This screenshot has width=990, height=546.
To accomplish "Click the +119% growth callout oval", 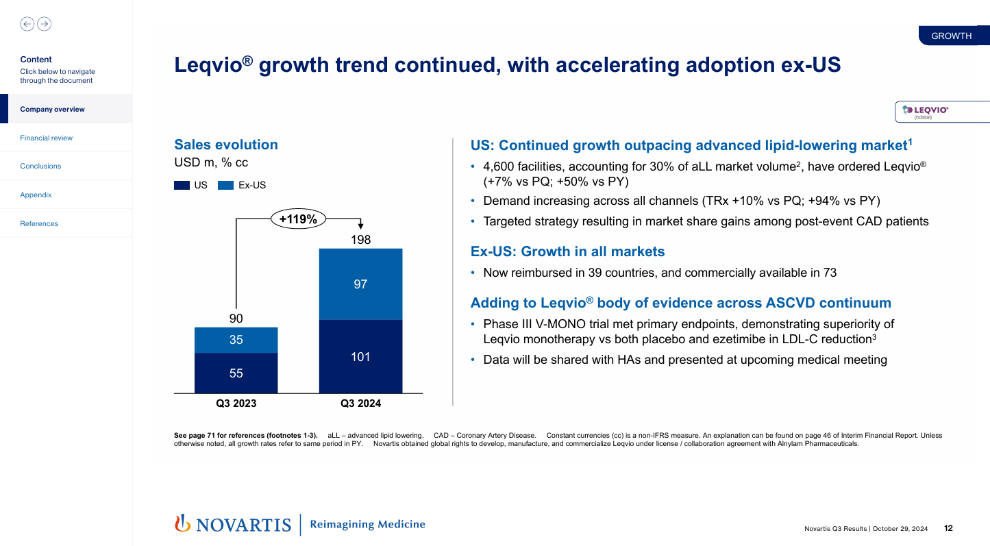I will pos(298,219).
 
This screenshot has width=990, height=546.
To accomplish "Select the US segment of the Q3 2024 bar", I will pos(360,356).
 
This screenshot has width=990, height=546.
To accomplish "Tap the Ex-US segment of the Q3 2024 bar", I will pos(360,284).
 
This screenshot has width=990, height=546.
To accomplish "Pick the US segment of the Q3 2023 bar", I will pos(236,373).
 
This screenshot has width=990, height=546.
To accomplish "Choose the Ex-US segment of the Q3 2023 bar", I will pos(236,340).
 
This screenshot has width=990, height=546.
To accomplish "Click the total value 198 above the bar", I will pos(360,240).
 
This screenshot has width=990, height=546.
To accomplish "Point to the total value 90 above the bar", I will pos(236,319).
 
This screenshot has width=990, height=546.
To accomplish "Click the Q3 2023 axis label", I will pos(236,404).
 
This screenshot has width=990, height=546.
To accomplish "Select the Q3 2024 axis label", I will pos(360,404).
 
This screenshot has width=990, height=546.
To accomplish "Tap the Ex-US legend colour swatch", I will pos(225,185).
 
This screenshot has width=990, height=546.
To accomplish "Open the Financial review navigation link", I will pos(46,138).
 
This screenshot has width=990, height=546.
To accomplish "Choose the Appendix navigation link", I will pos(36,195).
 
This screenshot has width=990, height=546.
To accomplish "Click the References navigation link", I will pos(39,223).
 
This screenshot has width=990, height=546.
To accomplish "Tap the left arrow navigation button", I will pos(27,24).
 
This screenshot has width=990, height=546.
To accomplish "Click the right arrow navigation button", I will pos(44,24).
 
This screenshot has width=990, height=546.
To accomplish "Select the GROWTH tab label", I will pos(952,36).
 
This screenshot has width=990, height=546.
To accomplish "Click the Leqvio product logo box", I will pos(942,112).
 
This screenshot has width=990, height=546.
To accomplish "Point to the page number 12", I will pos(948,528).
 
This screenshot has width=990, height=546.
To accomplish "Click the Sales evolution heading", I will pos(226,145).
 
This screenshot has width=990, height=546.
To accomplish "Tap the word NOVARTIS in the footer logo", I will pos(244,525).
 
